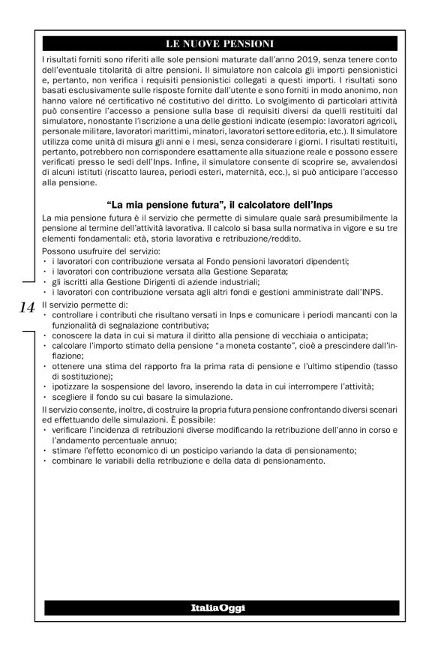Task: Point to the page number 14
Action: tap(27, 308)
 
